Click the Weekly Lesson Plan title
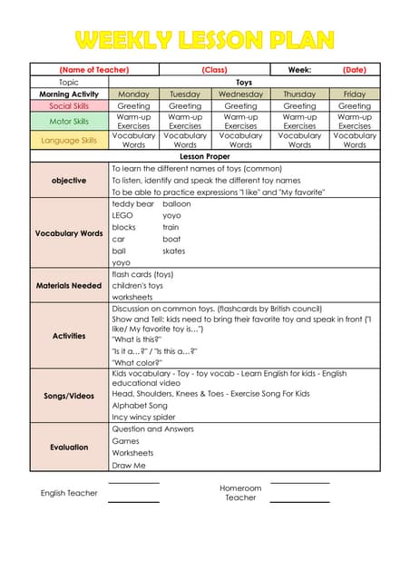(x=205, y=39)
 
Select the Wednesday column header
(x=240, y=94)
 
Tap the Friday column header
(x=355, y=94)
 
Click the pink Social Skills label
(x=69, y=106)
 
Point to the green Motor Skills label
(x=69, y=121)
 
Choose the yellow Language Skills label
(x=69, y=141)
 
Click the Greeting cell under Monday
(x=133, y=106)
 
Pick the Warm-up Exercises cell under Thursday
(x=299, y=121)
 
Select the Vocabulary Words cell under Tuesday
(x=185, y=140)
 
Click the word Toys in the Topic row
(x=244, y=82)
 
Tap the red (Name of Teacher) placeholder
(x=94, y=70)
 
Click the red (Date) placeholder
(x=355, y=70)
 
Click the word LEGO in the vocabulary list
(x=122, y=216)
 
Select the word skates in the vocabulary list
(x=174, y=251)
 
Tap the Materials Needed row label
(x=69, y=286)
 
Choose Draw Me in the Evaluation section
(x=129, y=465)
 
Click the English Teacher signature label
(x=69, y=493)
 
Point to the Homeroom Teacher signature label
(x=240, y=493)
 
